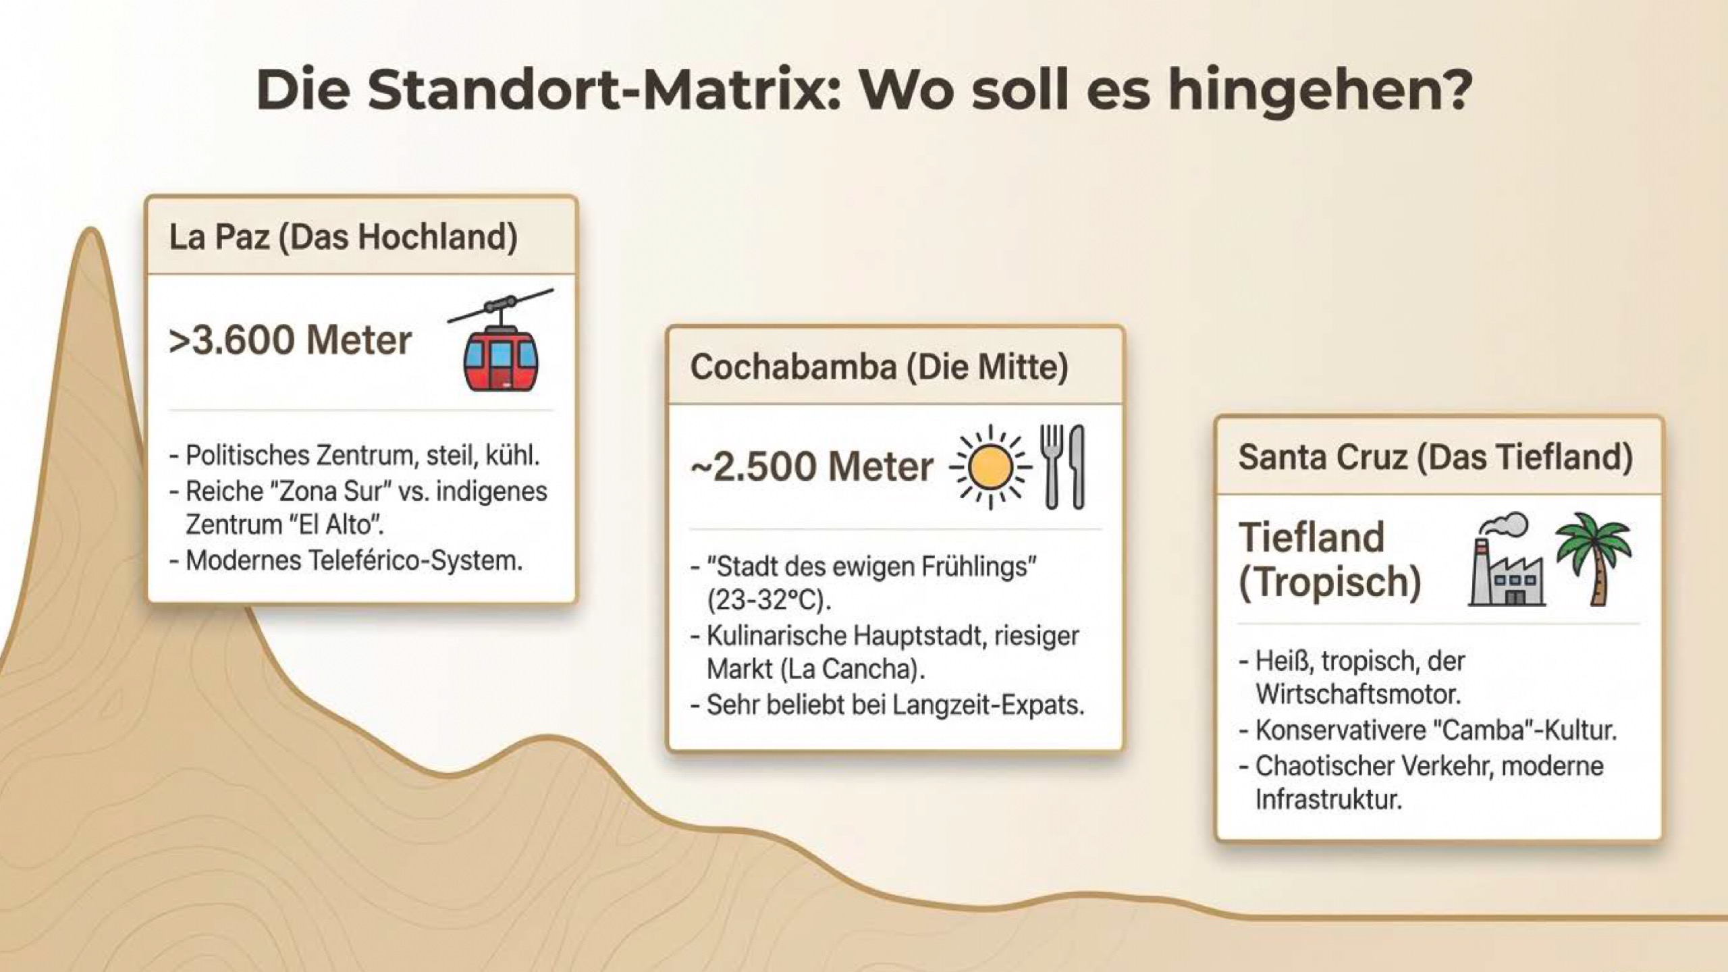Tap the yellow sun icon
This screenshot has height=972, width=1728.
click(x=990, y=466)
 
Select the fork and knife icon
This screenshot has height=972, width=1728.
click(x=1062, y=466)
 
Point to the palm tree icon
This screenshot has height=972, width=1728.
click(x=1594, y=558)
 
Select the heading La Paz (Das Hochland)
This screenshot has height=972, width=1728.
click(x=343, y=238)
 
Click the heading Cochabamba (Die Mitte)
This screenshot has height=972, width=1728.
click(x=879, y=368)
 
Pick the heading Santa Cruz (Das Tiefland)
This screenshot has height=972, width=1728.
click(x=1436, y=457)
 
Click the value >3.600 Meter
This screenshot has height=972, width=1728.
click(x=290, y=340)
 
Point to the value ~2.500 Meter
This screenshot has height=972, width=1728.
click(x=812, y=466)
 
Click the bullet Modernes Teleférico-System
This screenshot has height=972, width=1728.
click(x=346, y=560)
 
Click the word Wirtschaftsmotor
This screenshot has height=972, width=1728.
click(x=1358, y=695)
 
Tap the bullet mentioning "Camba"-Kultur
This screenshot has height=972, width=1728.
click(x=1428, y=730)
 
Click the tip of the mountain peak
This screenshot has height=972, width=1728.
click(x=90, y=230)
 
